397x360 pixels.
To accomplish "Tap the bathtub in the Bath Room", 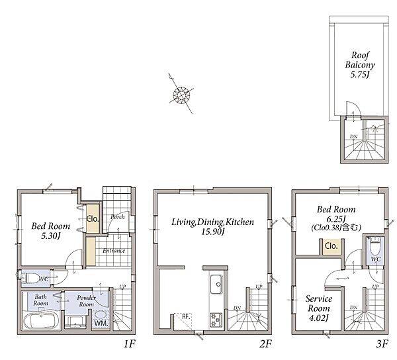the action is tap(42, 321).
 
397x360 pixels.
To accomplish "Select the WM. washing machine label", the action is tap(101, 324).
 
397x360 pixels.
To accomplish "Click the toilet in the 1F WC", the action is tap(30, 278).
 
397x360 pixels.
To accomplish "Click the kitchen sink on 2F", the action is tap(216, 284).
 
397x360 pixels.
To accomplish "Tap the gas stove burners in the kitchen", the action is tap(216, 320).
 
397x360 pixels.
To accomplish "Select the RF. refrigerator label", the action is tap(186, 316).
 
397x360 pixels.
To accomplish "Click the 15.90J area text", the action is tap(213, 232).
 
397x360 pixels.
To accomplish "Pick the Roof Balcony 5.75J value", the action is tap(360, 74).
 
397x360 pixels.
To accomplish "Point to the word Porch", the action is tap(118, 217).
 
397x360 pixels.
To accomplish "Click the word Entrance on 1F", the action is tap(114, 251).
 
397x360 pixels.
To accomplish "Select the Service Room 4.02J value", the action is tap(318, 318).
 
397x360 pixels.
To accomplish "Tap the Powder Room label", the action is tap(87, 300).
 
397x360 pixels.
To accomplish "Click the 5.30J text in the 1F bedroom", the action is tap(51, 236).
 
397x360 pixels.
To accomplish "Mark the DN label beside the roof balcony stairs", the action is tap(354, 137).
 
